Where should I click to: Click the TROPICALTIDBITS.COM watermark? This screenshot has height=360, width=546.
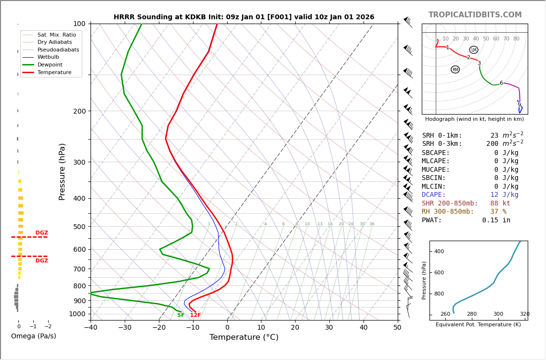(475, 15)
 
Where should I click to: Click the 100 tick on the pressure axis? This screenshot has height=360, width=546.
(79, 24)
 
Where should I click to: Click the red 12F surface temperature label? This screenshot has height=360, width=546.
(195, 315)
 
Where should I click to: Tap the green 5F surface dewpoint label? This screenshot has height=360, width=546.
(181, 315)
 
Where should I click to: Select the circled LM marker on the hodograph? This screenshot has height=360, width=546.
(474, 50)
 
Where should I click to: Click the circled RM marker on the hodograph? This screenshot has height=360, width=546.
(455, 70)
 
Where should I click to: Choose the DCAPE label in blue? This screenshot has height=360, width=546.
(434, 195)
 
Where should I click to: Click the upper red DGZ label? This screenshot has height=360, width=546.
(41, 233)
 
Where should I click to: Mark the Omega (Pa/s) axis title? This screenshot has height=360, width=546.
(33, 336)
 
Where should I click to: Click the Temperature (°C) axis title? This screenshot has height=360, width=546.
(244, 337)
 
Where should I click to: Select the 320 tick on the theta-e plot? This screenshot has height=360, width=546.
(524, 314)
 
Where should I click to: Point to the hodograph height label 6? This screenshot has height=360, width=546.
(501, 83)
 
